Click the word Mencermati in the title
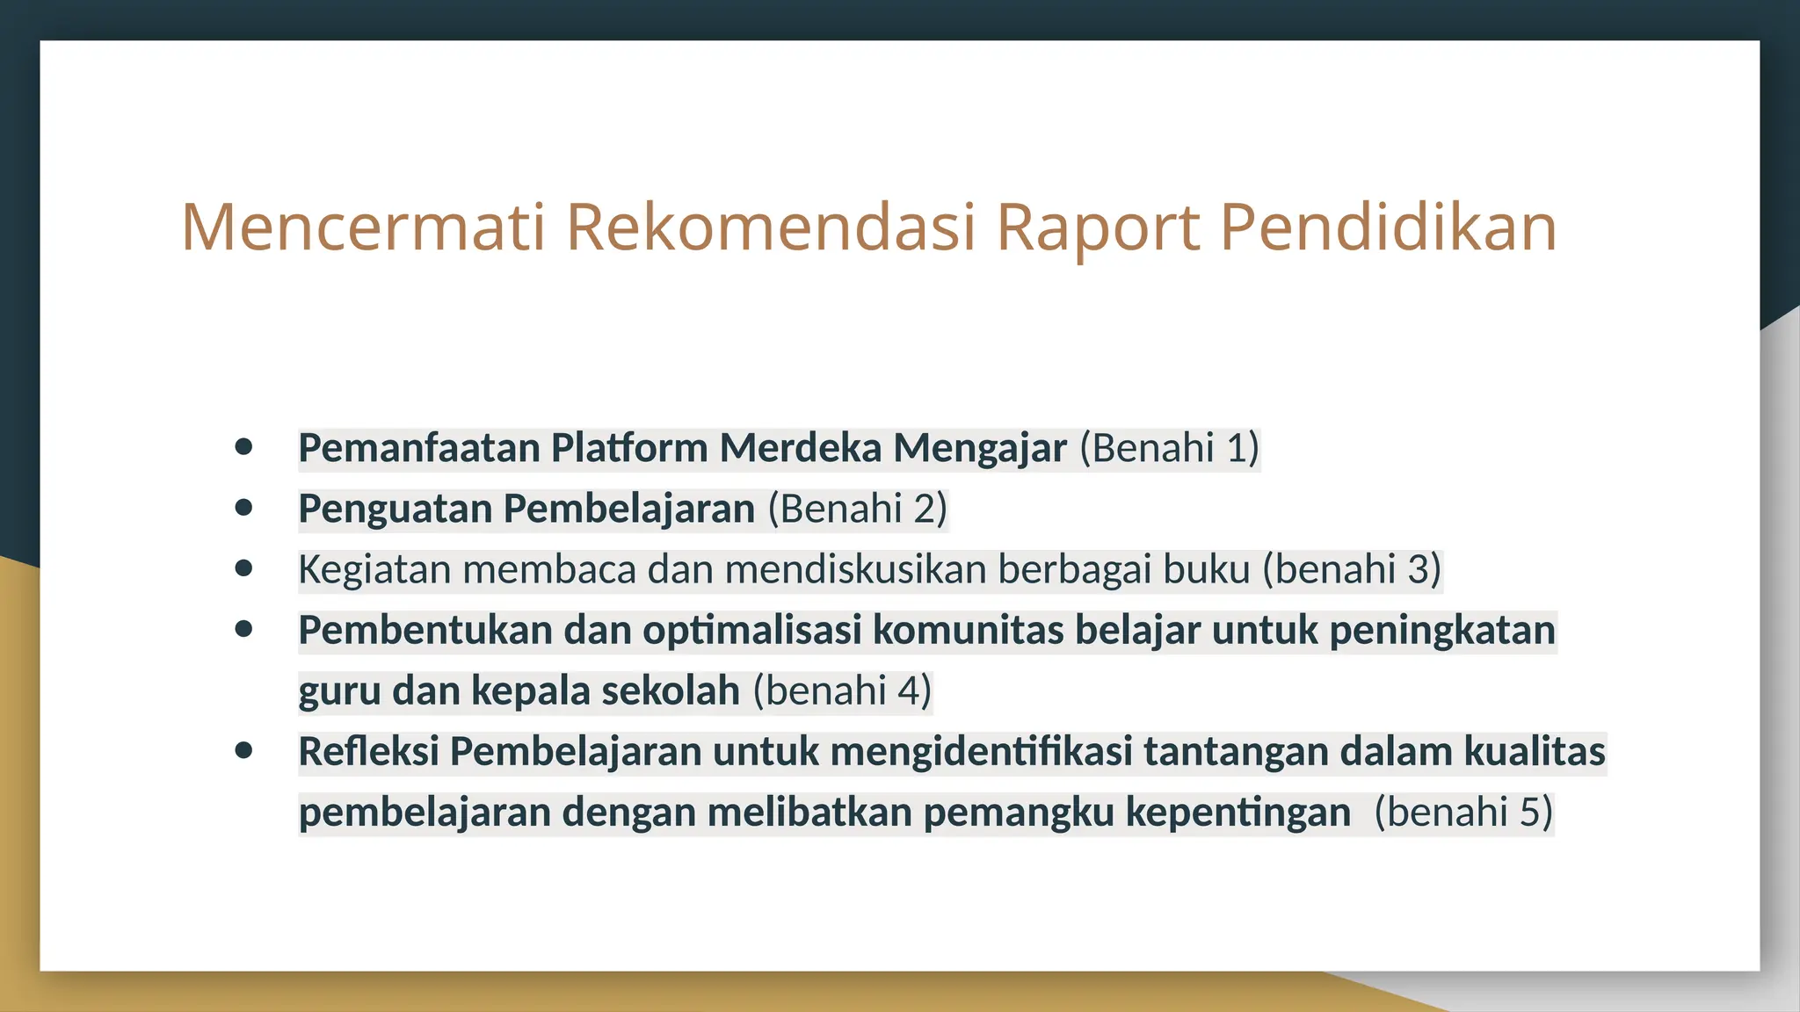click(363, 228)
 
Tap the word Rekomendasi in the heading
click(771, 228)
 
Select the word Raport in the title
click(1098, 228)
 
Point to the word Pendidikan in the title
click(1389, 228)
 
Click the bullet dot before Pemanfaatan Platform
click(244, 447)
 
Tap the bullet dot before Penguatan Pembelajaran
click(244, 508)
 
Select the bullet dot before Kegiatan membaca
click(244, 568)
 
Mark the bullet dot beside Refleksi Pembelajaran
click(244, 750)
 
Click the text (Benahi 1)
click(1170, 448)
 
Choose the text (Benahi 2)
click(858, 509)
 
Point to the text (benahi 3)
click(1352, 569)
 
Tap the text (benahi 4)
click(842, 690)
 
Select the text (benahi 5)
click(1463, 812)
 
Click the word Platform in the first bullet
click(629, 448)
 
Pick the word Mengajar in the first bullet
click(980, 448)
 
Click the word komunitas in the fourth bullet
click(968, 630)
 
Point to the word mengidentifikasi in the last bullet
click(981, 751)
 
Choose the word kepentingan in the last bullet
click(1238, 812)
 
